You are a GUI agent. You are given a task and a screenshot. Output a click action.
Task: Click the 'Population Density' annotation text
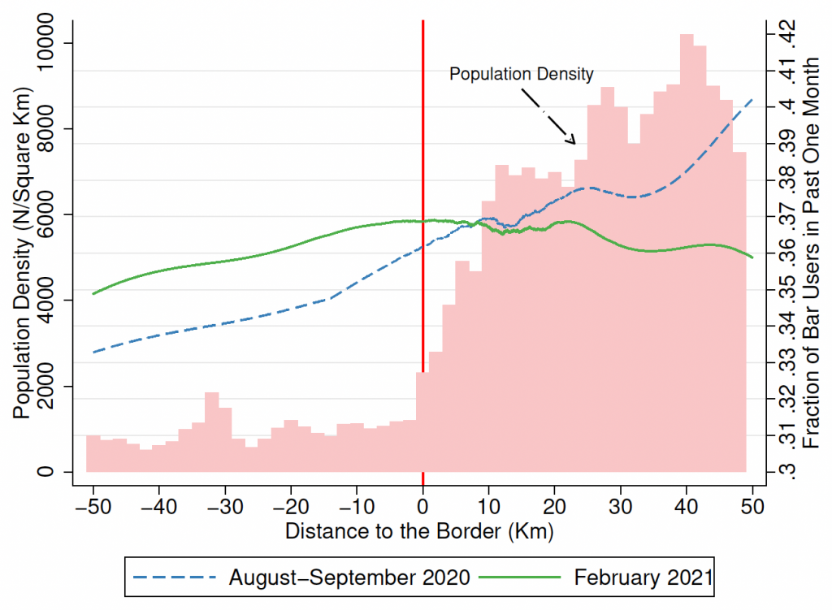[522, 74]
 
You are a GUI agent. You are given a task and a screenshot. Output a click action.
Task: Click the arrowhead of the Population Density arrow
[574, 141]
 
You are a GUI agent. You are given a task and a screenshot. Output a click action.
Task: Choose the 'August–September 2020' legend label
[349, 578]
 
